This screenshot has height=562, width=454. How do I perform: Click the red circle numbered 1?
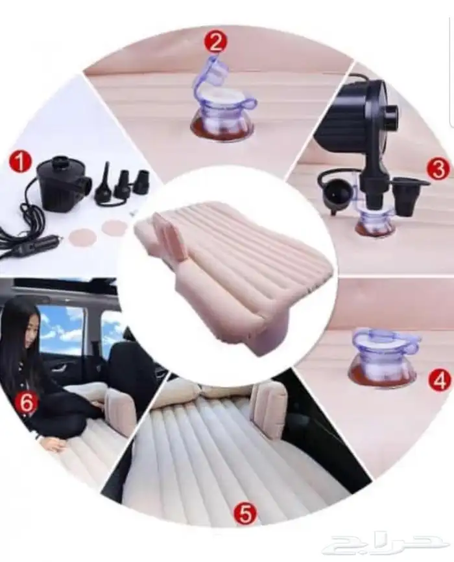point(21,161)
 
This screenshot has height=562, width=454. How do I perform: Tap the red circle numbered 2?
point(215,42)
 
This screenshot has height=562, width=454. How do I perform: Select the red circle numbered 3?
point(438,169)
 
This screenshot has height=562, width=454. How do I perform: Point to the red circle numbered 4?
point(440,381)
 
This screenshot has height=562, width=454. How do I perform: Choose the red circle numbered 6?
point(26,402)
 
